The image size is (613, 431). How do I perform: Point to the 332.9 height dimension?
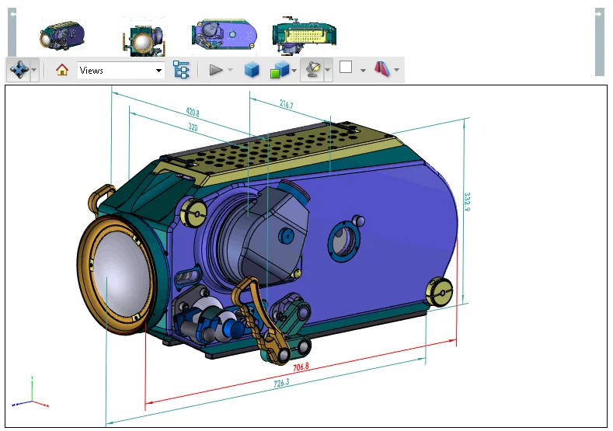pyautogui.click(x=467, y=201)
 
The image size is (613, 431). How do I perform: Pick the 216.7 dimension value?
pyautogui.click(x=286, y=104)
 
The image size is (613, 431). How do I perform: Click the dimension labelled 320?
pyautogui.click(x=192, y=127)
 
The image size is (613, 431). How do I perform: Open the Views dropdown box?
pyautogui.click(x=120, y=71)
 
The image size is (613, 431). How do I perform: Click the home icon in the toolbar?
pyautogui.click(x=62, y=70)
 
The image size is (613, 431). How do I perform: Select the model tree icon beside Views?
pyautogui.click(x=181, y=70)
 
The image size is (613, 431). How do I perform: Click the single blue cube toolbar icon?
pyautogui.click(x=252, y=70)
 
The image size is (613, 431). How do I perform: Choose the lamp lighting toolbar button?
pyautogui.click(x=312, y=70)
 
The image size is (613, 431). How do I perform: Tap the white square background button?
pyautogui.click(x=346, y=68)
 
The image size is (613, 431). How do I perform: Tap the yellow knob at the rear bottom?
pyautogui.click(x=440, y=291)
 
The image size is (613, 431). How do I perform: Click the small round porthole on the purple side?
pyautogui.click(x=343, y=241)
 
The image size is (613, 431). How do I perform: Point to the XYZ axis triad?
pyautogui.click(x=31, y=395)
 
